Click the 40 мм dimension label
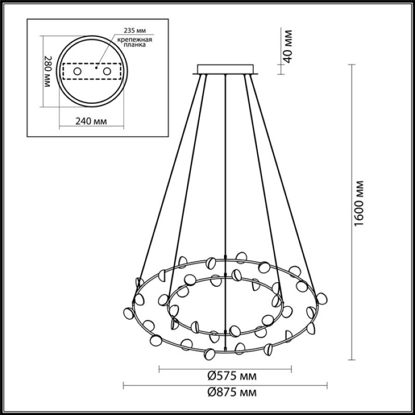click(x=288, y=46)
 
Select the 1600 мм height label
click(x=359, y=203)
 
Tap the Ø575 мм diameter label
click(x=232, y=376)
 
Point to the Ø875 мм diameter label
click(x=232, y=393)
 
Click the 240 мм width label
click(x=91, y=121)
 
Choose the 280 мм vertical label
click(x=47, y=72)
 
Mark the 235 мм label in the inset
click(x=135, y=31)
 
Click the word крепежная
click(x=135, y=40)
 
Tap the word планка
click(x=135, y=45)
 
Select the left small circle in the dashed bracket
click(x=77, y=71)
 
